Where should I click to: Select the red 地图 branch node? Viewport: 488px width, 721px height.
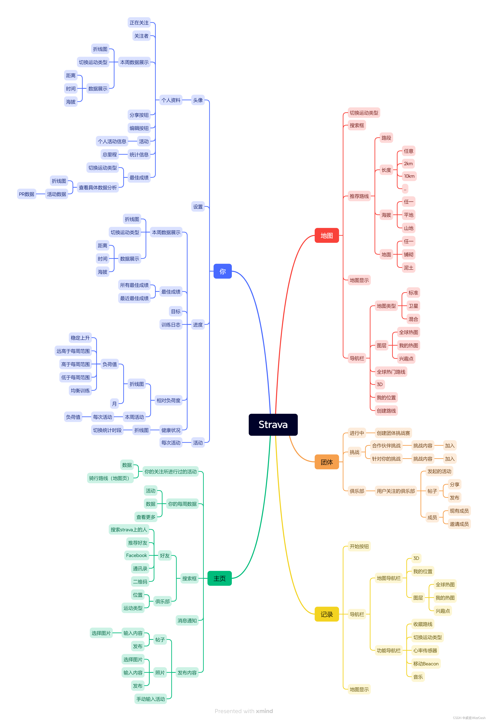tap(326, 236)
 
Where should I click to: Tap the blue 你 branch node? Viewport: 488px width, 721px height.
tap(222, 271)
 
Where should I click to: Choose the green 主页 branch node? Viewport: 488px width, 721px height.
tap(219, 578)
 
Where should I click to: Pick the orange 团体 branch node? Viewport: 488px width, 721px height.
tap(326, 462)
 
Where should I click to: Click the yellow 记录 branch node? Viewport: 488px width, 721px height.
tap(326, 614)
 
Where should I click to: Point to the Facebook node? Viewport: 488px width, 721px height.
tap(136, 555)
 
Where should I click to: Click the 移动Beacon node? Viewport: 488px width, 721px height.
tap(426, 664)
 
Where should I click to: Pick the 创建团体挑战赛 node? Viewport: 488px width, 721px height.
tap(393, 433)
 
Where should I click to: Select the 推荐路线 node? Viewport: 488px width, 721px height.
tap(359, 196)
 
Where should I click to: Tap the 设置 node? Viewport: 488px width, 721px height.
tap(198, 207)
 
